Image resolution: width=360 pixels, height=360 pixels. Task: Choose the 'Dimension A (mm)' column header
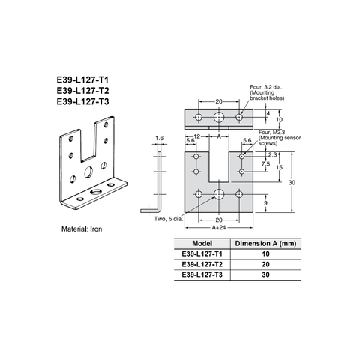[x=266, y=244]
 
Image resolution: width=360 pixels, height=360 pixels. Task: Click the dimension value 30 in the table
[x=266, y=275]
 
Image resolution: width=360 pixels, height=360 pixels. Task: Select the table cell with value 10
[x=266, y=254]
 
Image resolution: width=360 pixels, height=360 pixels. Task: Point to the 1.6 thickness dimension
[x=158, y=138]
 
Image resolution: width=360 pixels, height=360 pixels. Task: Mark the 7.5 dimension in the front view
[x=265, y=163]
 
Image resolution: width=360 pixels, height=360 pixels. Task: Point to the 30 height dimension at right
[x=298, y=182]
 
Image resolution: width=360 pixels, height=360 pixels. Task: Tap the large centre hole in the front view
[x=219, y=195]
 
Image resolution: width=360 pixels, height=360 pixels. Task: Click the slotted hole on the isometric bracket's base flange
[x=94, y=193]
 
